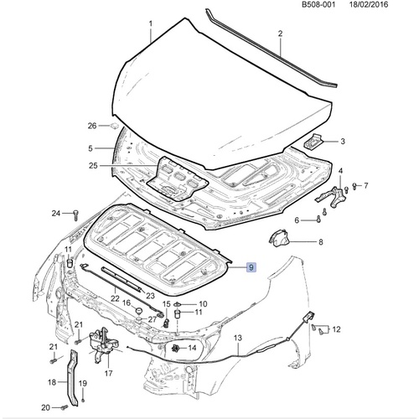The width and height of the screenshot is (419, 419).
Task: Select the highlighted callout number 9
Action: (x=251, y=269)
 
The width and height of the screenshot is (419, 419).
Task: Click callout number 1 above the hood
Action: (x=150, y=24)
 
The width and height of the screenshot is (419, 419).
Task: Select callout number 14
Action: (x=192, y=348)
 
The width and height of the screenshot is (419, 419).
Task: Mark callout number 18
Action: (x=52, y=382)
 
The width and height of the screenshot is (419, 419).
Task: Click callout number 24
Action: (x=55, y=214)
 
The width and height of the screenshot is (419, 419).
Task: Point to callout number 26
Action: (x=92, y=126)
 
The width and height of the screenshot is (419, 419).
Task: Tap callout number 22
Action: (x=114, y=287)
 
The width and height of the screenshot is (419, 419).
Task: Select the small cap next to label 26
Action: (x=111, y=126)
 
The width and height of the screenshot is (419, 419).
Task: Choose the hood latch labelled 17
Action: (x=100, y=342)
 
